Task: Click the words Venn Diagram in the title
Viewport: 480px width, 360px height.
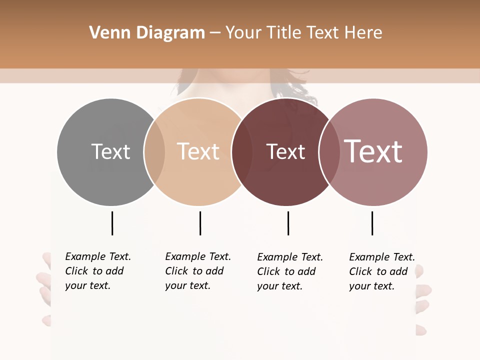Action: [147, 33]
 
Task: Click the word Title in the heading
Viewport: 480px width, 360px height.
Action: [285, 33]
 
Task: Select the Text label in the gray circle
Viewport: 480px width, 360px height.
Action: [110, 151]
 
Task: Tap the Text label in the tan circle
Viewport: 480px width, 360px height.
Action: [198, 151]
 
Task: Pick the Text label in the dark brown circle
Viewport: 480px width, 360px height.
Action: [285, 152]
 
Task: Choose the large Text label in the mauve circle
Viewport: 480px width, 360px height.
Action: [373, 151]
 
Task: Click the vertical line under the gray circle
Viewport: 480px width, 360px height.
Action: [112, 223]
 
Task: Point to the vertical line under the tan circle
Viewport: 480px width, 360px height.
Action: [200, 223]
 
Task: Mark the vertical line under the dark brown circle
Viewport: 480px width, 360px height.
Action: [288, 223]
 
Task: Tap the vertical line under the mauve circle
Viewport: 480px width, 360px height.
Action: [372, 223]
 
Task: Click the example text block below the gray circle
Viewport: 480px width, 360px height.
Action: [97, 271]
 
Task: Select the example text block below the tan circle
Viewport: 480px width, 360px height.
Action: [197, 271]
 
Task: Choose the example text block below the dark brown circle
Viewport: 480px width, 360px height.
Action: [289, 271]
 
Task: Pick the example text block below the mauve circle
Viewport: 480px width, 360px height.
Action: [381, 271]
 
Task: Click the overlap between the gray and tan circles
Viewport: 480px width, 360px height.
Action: [154, 152]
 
